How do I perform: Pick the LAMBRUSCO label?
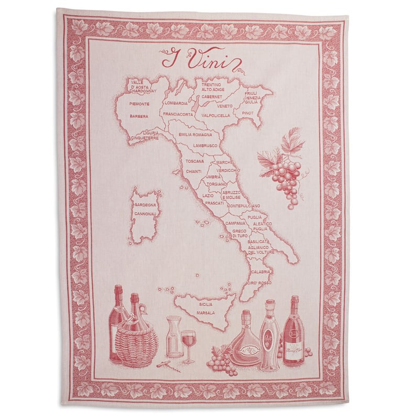(x=205, y=145)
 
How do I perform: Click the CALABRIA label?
(x=261, y=272)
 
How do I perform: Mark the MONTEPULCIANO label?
(x=244, y=205)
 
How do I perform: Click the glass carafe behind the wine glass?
(x=173, y=335)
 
